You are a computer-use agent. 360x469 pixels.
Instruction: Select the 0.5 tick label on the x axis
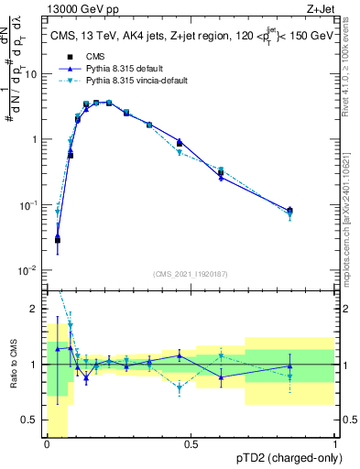pos(191,445)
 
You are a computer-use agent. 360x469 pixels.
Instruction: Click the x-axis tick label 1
pos(335,445)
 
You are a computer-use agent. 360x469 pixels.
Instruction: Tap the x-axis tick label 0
pos(47,445)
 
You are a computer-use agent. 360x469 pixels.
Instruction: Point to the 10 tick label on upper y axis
pos(33,74)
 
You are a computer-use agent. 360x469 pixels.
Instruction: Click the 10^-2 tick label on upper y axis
pos(31,270)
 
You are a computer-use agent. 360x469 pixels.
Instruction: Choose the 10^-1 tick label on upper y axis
pos(31,205)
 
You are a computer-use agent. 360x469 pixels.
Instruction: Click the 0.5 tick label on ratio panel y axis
pos(34,420)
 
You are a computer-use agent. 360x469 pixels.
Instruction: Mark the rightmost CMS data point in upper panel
pos(289,211)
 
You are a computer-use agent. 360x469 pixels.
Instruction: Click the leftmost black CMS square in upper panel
pos(58,240)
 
